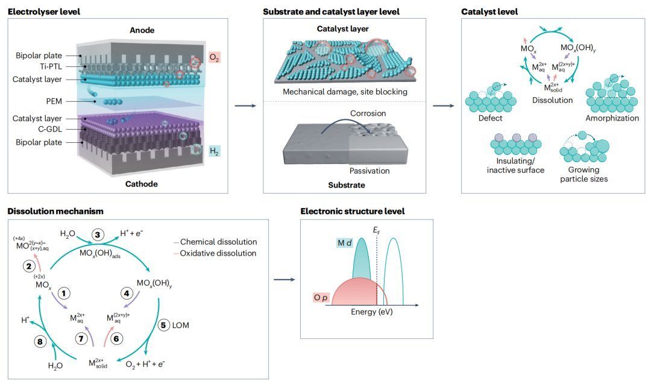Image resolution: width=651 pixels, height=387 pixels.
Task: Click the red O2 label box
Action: click(x=214, y=58)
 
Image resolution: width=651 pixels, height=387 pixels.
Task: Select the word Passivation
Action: click(x=370, y=171)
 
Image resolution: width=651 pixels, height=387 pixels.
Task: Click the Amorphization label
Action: click(x=612, y=118)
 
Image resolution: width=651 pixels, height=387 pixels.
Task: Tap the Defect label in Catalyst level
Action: click(x=490, y=118)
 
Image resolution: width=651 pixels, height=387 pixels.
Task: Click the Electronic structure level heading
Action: click(x=352, y=211)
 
